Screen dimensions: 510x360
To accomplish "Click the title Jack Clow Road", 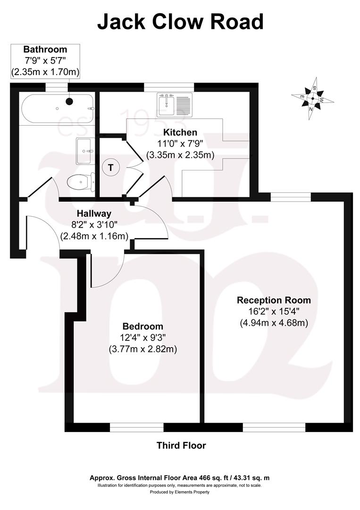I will coord(180,22).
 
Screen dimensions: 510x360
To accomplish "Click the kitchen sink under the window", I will coord(174,104).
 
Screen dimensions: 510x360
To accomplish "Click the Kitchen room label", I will coord(180,132).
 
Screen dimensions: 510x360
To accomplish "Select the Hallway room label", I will coord(95,214).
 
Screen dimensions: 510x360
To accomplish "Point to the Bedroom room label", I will coord(143,326).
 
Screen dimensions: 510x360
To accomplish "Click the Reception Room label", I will coord(274,300).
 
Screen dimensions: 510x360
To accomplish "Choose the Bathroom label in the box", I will coord(45,49).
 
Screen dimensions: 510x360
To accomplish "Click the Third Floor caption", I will coord(181,445).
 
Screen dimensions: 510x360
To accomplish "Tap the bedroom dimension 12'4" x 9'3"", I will coord(143,338).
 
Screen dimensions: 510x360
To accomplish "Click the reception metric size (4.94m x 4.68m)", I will coord(274,323).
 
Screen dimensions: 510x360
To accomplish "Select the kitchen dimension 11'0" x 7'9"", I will coord(180,143).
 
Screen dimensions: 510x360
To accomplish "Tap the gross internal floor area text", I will coord(180,478).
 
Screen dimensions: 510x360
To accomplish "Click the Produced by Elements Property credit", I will coord(180,492).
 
